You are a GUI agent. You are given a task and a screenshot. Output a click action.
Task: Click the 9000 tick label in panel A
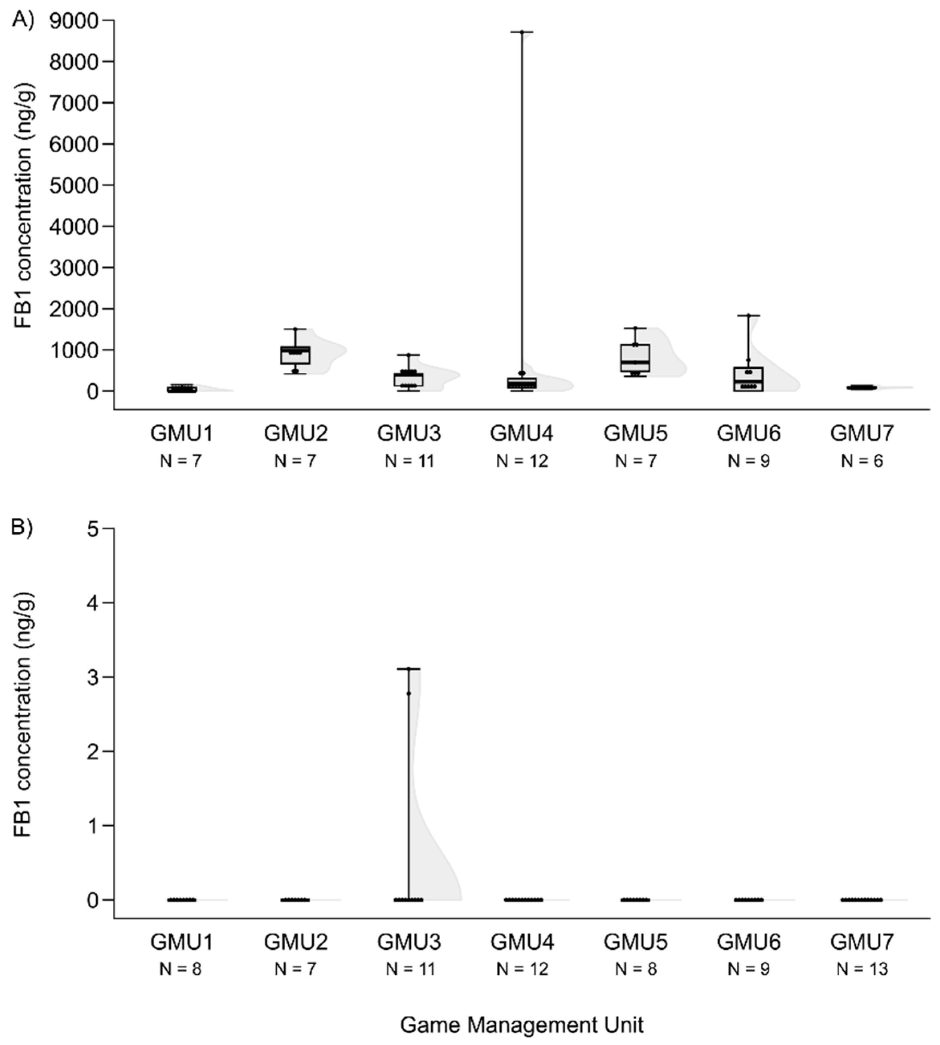click(x=73, y=20)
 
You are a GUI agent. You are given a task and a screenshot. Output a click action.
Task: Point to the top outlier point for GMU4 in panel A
click(x=522, y=32)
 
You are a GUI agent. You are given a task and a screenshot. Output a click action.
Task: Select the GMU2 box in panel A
click(x=296, y=355)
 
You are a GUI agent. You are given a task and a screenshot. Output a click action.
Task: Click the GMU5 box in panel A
click(x=635, y=358)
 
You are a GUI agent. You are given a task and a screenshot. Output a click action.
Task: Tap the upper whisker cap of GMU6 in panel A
click(x=748, y=315)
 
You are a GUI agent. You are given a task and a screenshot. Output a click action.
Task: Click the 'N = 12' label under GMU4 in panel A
click(x=522, y=460)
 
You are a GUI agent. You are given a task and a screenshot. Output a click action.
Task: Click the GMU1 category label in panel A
click(x=182, y=433)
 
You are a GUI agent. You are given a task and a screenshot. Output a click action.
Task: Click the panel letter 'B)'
click(x=22, y=529)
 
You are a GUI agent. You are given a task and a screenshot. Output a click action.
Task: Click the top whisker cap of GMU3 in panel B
click(x=408, y=669)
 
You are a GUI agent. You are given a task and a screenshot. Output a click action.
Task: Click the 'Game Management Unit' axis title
click(x=522, y=1025)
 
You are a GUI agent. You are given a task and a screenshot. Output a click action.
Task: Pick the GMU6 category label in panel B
click(x=748, y=942)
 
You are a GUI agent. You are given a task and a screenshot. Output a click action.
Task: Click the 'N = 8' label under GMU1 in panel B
click(x=181, y=969)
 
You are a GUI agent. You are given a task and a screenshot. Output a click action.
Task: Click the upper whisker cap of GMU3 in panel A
click(x=408, y=355)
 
